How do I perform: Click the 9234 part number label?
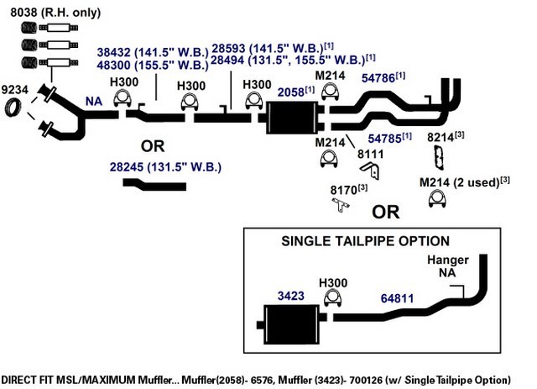14,90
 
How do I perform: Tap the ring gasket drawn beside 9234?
13,107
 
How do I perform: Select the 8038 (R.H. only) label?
55,13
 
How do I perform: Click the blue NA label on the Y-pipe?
94,102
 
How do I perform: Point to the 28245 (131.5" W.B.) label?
165,167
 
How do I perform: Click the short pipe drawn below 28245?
154,185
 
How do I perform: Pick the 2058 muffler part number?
291,92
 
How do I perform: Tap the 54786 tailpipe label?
378,78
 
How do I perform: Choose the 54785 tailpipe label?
384,139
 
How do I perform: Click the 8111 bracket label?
371,154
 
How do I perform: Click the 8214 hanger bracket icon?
439,157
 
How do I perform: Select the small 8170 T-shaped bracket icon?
341,205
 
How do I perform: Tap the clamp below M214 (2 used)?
437,198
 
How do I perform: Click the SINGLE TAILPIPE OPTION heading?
366,241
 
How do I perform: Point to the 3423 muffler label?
291,296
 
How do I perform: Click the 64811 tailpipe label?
397,298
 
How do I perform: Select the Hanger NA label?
447,266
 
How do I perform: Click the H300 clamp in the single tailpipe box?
333,298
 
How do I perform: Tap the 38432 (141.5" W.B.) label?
153,52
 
